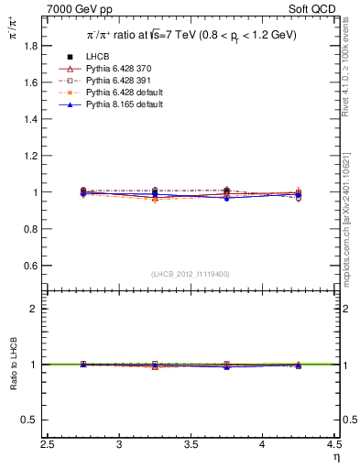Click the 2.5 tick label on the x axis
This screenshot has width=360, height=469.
pyautogui.click(x=48, y=443)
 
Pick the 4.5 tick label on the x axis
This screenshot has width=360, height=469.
pyautogui.click(x=335, y=443)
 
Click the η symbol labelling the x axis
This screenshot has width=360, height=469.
pyautogui.click(x=334, y=456)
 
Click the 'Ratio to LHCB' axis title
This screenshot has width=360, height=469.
pyautogui.click(x=13, y=364)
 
